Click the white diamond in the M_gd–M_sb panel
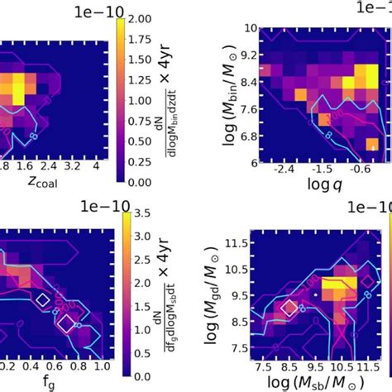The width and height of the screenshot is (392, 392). point(289,308)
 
